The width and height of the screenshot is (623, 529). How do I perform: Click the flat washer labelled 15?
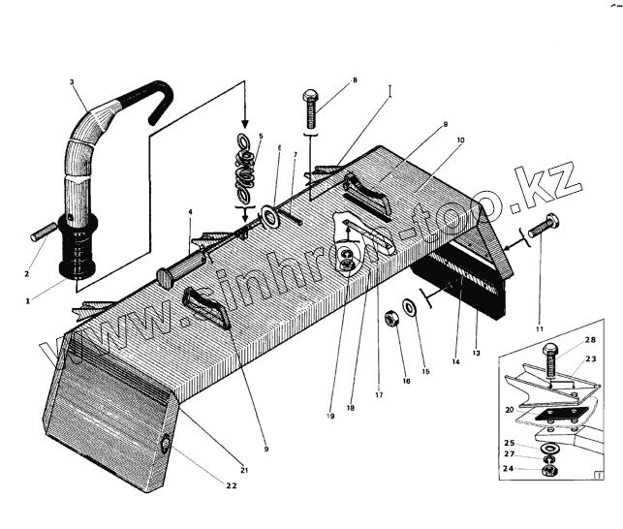tap(410, 309)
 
